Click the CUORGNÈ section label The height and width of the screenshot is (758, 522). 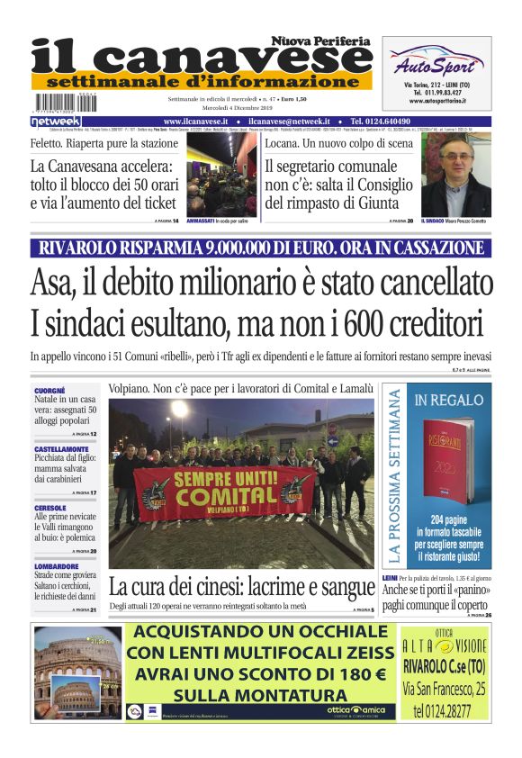[49, 390]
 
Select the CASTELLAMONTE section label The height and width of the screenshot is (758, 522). [60, 447]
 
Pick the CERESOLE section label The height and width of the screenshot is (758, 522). [50, 507]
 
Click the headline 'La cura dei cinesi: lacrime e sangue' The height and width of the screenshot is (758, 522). [241, 587]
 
